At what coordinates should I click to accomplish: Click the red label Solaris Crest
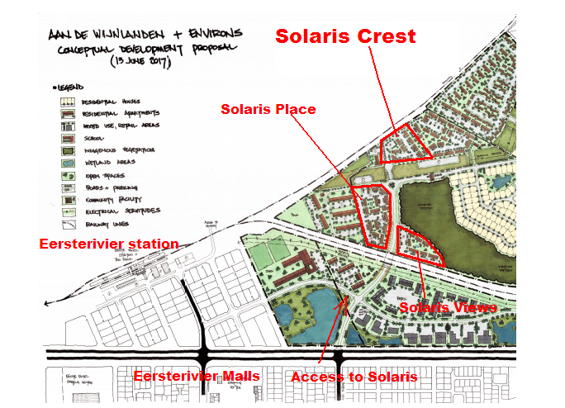click(345, 37)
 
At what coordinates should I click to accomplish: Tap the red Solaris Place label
click(268, 110)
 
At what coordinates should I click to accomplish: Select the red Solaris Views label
click(449, 307)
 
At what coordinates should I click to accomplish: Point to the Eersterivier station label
click(109, 244)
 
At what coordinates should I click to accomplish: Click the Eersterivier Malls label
click(197, 377)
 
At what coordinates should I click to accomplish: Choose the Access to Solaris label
click(354, 377)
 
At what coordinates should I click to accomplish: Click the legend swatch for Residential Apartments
click(68, 113)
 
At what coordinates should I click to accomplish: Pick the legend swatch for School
click(68, 138)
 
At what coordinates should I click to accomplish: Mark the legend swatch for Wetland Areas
click(68, 163)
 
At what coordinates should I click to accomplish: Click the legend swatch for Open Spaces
click(68, 175)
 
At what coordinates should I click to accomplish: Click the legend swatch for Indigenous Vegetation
click(68, 150)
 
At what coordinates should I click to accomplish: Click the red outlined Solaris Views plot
click(418, 245)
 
